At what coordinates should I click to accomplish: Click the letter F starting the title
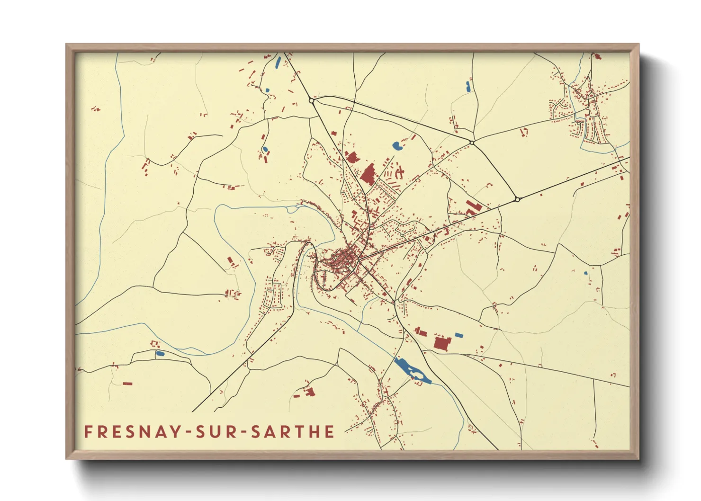pyautogui.click(x=88, y=431)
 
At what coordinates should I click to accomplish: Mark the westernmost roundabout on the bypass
pyautogui.click(x=311, y=100)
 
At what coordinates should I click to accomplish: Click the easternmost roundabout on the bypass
pyautogui.click(x=517, y=199)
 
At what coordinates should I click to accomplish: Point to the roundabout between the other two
pyautogui.click(x=471, y=142)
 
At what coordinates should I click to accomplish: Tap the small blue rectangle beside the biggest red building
pyautogui.click(x=458, y=335)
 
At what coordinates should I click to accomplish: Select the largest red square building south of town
pyautogui.click(x=441, y=343)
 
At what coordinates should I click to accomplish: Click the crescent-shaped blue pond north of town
pyautogui.click(x=397, y=146)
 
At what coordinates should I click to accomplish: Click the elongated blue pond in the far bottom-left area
pyautogui.click(x=160, y=353)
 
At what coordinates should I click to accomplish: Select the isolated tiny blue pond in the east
pyautogui.click(x=585, y=273)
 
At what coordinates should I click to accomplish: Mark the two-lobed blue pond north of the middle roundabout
pyautogui.click(x=468, y=87)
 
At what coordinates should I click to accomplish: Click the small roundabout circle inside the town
pyautogui.click(x=402, y=234)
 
